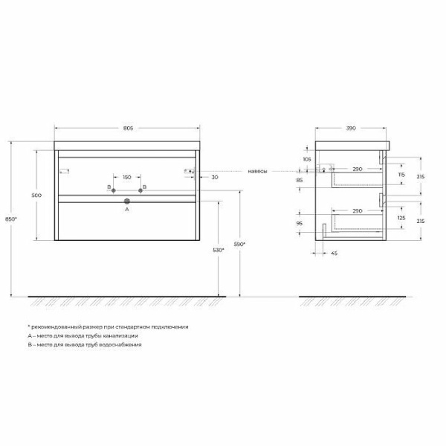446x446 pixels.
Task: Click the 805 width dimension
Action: (x=127, y=129)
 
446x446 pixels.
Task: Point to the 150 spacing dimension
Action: (x=127, y=177)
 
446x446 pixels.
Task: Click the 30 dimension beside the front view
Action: (x=214, y=177)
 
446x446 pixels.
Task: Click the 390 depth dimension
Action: (x=352, y=129)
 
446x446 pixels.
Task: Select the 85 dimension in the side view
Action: (x=300, y=180)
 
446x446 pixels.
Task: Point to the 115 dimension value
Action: (x=401, y=175)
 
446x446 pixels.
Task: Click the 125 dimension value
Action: (x=402, y=218)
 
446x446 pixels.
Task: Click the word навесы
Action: (x=257, y=172)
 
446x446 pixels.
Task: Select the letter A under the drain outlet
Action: (x=127, y=210)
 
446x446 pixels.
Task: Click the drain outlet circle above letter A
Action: (x=127, y=201)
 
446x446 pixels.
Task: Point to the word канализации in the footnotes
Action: (x=119, y=336)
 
